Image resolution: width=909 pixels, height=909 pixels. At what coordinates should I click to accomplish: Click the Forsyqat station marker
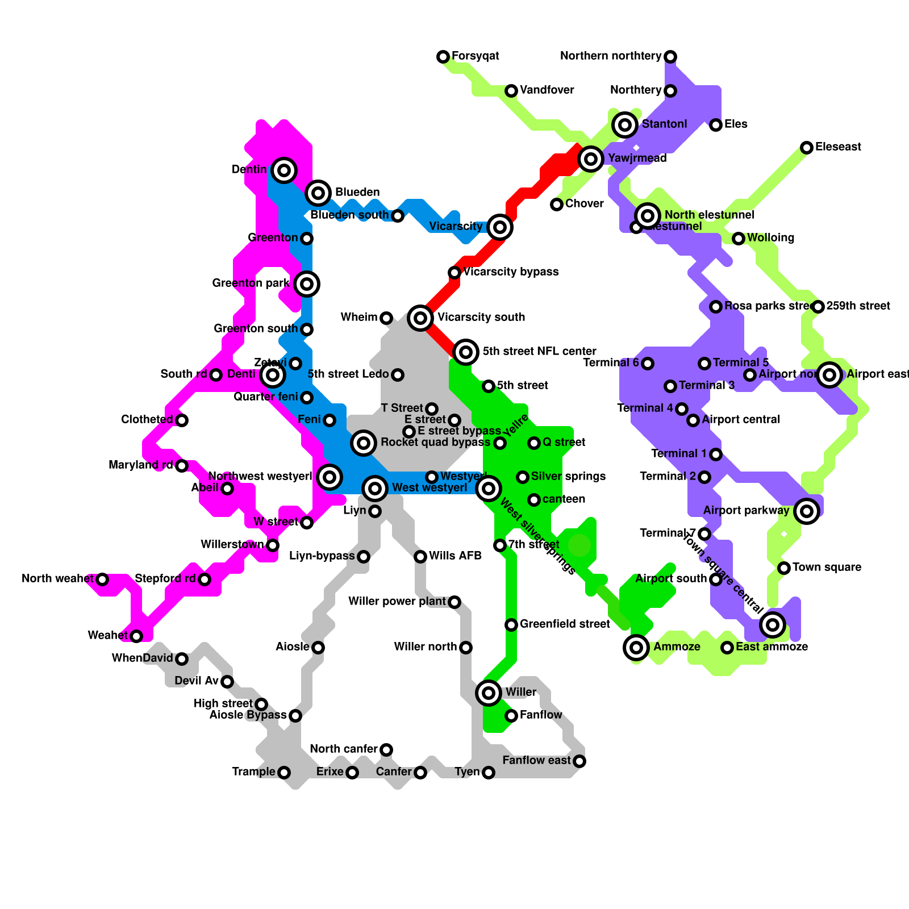(443, 56)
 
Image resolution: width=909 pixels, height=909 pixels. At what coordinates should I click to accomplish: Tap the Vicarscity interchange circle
(500, 227)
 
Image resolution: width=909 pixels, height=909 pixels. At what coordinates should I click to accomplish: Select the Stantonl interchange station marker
(625, 124)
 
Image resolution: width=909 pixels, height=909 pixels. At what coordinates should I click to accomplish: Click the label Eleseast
(838, 147)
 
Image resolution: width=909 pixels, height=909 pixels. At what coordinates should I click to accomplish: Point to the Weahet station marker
(136, 636)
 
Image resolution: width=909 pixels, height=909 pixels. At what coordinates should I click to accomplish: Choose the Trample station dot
(284, 772)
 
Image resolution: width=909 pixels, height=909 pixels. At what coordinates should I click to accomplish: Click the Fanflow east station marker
(579, 761)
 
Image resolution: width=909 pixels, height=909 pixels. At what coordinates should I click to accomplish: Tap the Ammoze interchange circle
(636, 647)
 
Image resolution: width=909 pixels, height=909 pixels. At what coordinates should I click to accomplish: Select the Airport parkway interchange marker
(807, 511)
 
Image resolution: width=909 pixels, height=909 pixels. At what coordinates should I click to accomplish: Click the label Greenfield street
(565, 624)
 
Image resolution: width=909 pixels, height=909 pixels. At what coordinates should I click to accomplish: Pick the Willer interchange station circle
(489, 693)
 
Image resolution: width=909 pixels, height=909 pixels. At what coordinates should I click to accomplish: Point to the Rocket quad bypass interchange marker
(364, 443)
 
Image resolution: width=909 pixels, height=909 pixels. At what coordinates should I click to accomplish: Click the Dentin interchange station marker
(284, 170)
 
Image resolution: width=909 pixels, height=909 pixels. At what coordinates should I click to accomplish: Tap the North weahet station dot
(102, 579)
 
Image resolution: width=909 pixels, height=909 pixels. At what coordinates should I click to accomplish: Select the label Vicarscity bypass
(511, 272)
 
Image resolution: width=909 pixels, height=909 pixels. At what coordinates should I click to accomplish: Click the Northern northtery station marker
(670, 56)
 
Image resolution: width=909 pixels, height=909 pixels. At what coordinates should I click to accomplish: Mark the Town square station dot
(784, 568)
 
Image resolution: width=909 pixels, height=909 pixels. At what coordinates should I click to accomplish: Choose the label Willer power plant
(397, 602)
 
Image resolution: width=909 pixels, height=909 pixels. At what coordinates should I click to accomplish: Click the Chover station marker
(557, 204)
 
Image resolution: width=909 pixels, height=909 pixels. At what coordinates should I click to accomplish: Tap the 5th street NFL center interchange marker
(466, 352)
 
